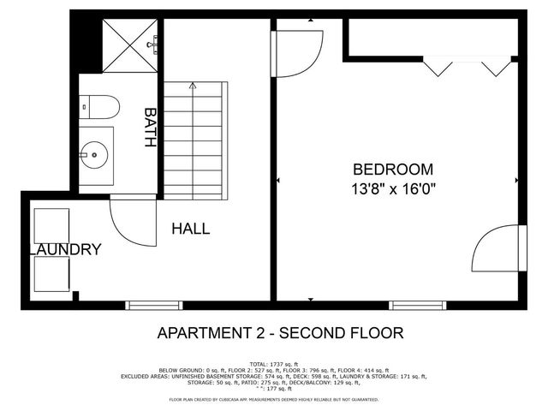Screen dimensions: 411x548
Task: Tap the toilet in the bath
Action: tap(99, 106)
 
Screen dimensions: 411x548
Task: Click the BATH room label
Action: tap(151, 128)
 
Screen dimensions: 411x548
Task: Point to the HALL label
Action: tap(190, 229)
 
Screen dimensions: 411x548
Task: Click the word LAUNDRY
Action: tap(67, 250)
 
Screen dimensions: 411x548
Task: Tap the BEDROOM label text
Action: tap(393, 170)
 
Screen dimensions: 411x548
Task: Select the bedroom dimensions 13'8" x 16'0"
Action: tap(394, 190)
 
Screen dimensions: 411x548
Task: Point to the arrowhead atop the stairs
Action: tap(193, 86)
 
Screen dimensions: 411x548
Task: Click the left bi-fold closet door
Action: tap(442, 68)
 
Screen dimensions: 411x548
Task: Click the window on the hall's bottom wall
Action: tap(154, 305)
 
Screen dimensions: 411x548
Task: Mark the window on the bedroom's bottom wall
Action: tap(418, 305)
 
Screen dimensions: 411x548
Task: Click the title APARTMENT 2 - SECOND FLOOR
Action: tap(280, 333)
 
